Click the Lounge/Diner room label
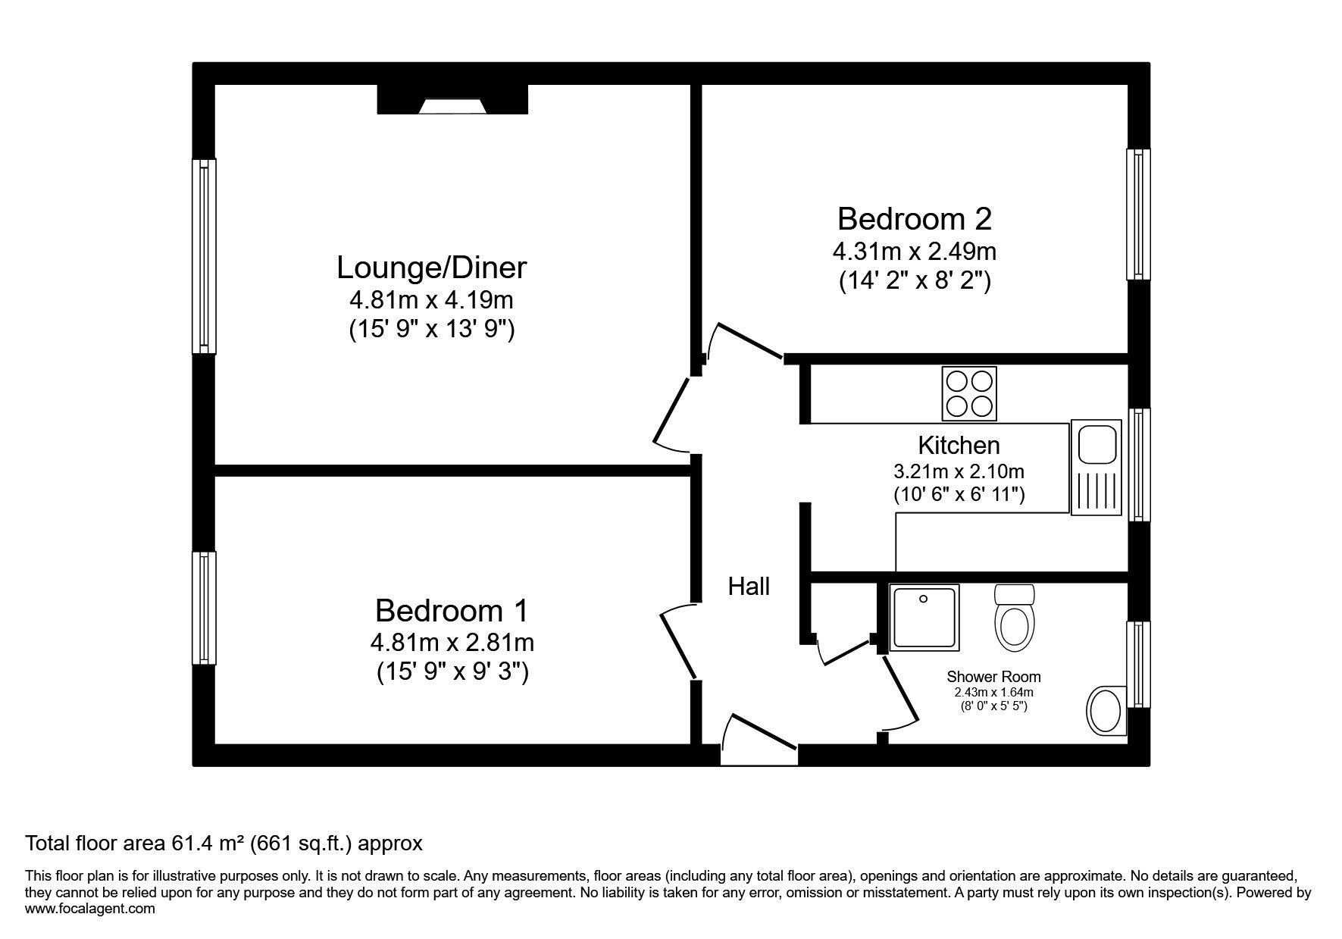pyautogui.click(x=431, y=268)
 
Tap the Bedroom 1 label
pyautogui.click(x=452, y=610)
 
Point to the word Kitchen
pyautogui.click(x=959, y=445)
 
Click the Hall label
pyautogui.click(x=749, y=586)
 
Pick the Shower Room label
pyautogui.click(x=993, y=676)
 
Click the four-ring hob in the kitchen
pyautogui.click(x=969, y=393)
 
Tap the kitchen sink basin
pyautogui.click(x=1095, y=445)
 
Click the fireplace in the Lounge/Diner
pyautogui.click(x=452, y=99)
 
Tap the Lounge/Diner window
pyautogui.click(x=204, y=256)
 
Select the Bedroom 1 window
pyautogui.click(x=204, y=608)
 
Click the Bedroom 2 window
pyautogui.click(x=1138, y=214)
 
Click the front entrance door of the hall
pyautogui.click(x=759, y=740)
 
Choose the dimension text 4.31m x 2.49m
pyautogui.click(x=915, y=251)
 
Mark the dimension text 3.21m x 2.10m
pyautogui.click(x=959, y=471)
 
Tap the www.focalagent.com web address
pyautogui.click(x=90, y=909)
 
